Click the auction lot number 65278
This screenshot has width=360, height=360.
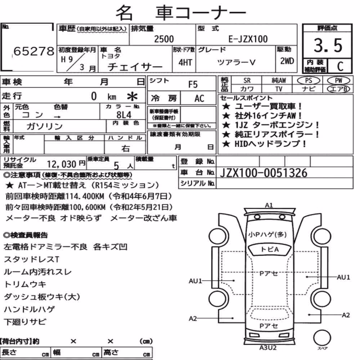point(34,51)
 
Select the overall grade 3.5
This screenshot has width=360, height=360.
point(328,45)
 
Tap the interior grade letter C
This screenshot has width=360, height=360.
point(340,66)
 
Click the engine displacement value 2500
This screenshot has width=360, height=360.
point(164,39)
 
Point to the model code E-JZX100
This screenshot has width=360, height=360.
point(248,39)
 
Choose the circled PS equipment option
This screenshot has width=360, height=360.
point(309,81)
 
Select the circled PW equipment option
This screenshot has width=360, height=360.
point(338,81)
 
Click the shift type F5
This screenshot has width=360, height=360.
point(193,85)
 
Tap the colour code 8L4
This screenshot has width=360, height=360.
point(124,114)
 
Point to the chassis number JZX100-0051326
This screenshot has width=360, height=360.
point(264,173)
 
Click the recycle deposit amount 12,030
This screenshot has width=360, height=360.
point(62,164)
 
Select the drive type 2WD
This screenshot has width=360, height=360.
point(287,61)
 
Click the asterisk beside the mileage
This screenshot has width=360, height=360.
point(132,96)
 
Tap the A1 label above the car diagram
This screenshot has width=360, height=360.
point(269,205)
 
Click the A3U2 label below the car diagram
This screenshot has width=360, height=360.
point(268,348)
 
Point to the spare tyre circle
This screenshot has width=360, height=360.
point(322,338)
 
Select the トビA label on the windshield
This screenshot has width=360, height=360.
point(270,249)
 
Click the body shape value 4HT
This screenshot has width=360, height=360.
point(185,62)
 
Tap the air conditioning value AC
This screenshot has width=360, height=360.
point(199,99)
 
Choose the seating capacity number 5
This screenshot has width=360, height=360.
point(116,165)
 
